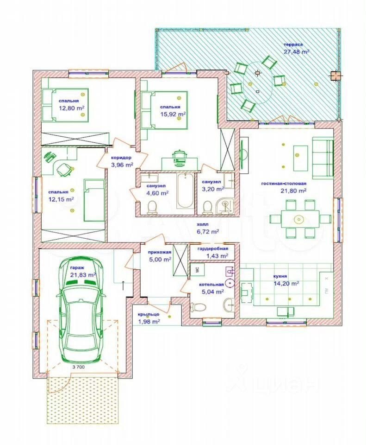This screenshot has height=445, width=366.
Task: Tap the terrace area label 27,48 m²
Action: click(296, 52)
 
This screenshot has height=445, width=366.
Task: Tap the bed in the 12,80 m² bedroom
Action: click(65, 104)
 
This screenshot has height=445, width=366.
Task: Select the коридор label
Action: click(121, 158)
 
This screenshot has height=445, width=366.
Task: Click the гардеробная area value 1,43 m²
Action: click(218, 256)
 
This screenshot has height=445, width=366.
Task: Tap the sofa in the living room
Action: click(323, 158)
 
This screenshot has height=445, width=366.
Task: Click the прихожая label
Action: click(159, 252)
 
